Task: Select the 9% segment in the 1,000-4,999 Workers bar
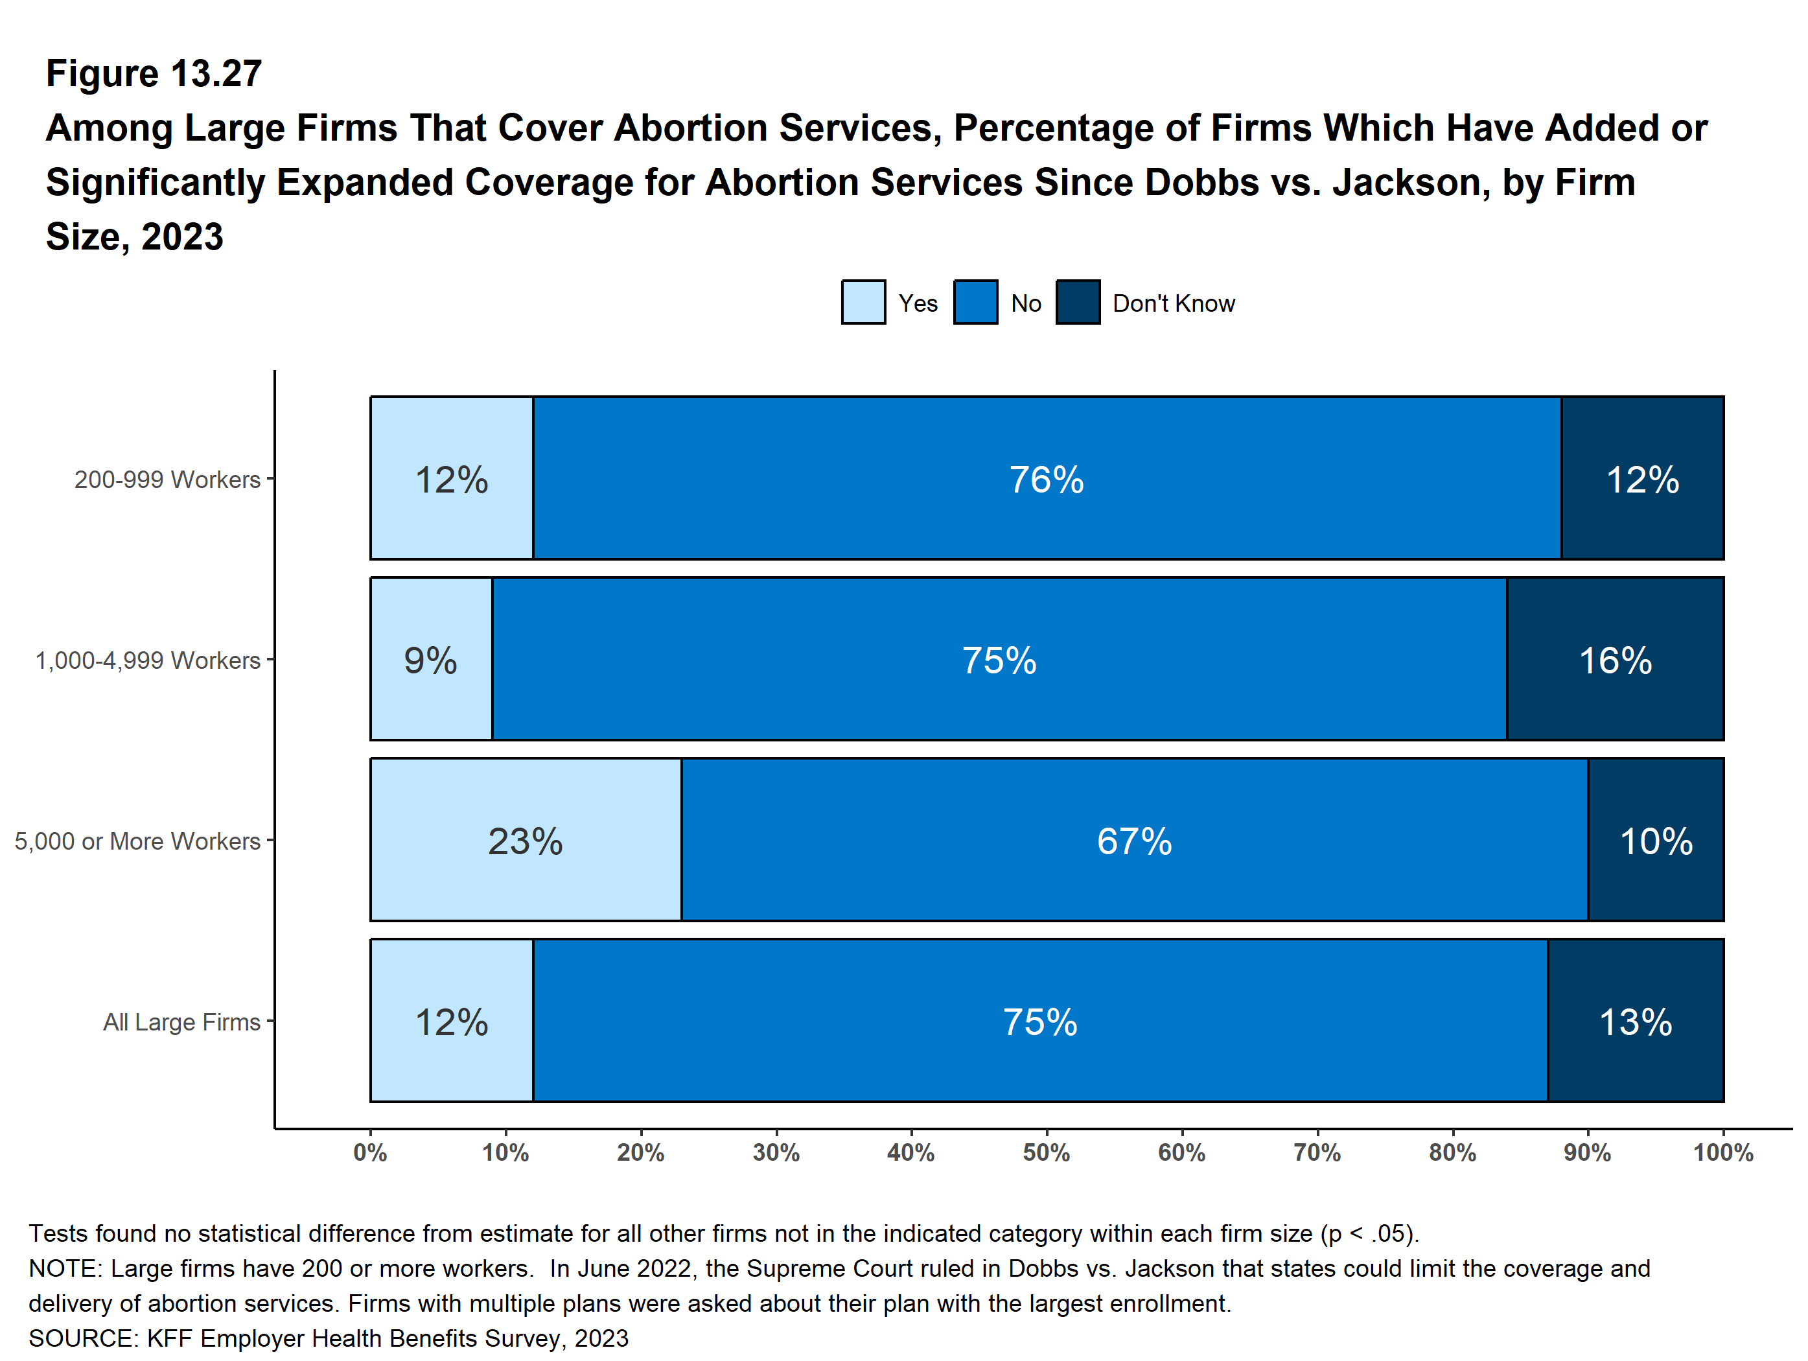click(x=431, y=659)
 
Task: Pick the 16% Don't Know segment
click(x=1615, y=659)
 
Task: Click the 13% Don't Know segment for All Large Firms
click(x=1636, y=1020)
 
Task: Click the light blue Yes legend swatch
click(x=863, y=303)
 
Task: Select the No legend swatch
click(x=975, y=303)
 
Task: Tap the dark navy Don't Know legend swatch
click(x=1077, y=303)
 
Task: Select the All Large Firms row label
click(x=181, y=1022)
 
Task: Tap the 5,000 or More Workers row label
click(x=137, y=841)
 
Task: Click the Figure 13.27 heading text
click(x=154, y=74)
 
